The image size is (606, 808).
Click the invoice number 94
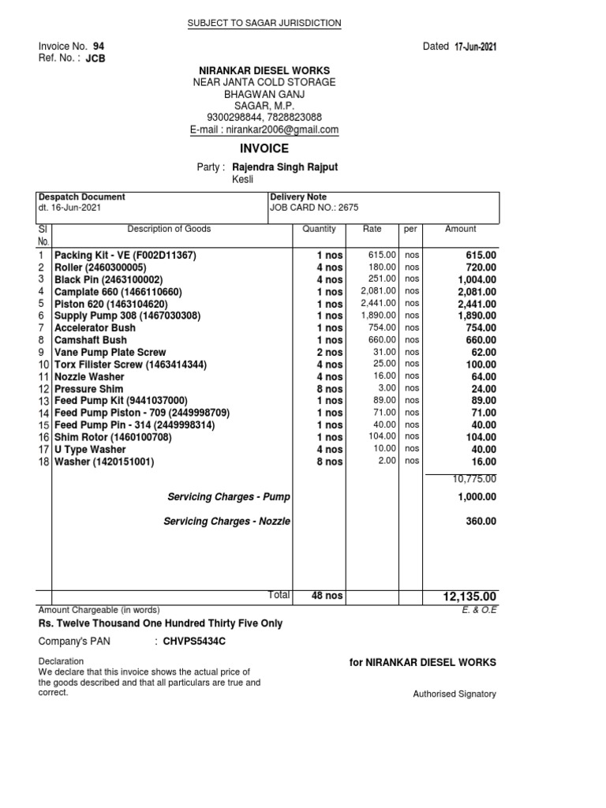[x=99, y=47]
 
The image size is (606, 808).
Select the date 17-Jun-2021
[x=475, y=47]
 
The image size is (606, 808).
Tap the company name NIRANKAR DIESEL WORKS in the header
[x=264, y=71]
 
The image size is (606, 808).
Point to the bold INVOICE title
[x=264, y=148]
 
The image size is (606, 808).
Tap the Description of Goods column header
[x=169, y=229]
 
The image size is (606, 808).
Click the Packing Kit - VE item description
[x=125, y=256]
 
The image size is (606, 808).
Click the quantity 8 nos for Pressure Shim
[x=329, y=389]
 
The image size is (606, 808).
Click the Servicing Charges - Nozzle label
[x=226, y=522]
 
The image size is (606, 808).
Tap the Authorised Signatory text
[x=454, y=694]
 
